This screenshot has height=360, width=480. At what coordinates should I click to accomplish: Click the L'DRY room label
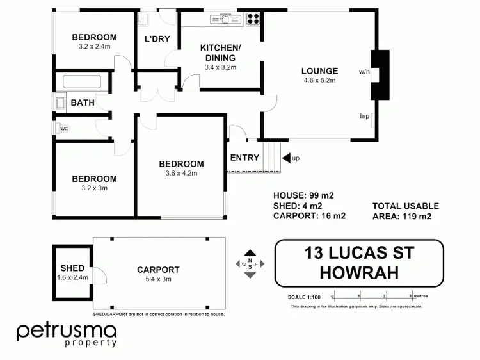point(157,38)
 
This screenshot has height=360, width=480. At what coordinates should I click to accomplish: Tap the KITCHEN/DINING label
point(220,53)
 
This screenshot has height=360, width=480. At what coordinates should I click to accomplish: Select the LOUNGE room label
point(320,70)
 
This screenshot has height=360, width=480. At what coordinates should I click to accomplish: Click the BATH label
point(83,102)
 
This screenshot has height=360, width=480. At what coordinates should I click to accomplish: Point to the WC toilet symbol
point(63,128)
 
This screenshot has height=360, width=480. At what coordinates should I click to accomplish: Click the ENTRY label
point(244,158)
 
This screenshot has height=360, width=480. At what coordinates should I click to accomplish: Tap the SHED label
point(72,268)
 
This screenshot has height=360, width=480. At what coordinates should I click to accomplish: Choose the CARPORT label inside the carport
point(158,270)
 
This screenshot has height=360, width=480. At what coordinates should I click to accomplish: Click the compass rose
point(250,264)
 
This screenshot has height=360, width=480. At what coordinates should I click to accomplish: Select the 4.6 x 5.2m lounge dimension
point(320,81)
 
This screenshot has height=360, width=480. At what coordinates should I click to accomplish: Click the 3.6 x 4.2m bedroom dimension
point(181,173)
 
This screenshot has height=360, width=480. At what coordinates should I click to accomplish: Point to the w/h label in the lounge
point(364,71)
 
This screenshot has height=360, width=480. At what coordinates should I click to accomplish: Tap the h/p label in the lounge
point(364,116)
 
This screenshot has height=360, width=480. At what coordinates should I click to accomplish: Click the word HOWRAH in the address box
point(358,272)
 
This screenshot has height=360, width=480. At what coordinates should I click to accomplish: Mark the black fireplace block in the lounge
point(381,74)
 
